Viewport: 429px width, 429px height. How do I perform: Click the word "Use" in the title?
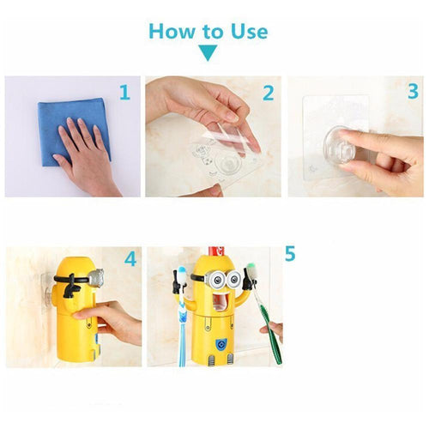click(x=247, y=32)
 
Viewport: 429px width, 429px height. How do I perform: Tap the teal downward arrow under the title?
click(x=208, y=54)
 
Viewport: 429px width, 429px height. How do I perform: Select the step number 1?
click(x=124, y=91)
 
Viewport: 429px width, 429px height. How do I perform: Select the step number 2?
click(x=267, y=91)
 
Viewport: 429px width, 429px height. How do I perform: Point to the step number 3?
click(x=412, y=91)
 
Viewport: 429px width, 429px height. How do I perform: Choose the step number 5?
click(x=290, y=254)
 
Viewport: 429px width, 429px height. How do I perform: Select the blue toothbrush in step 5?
click(x=182, y=322)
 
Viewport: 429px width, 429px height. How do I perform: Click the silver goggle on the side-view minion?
click(x=95, y=277)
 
